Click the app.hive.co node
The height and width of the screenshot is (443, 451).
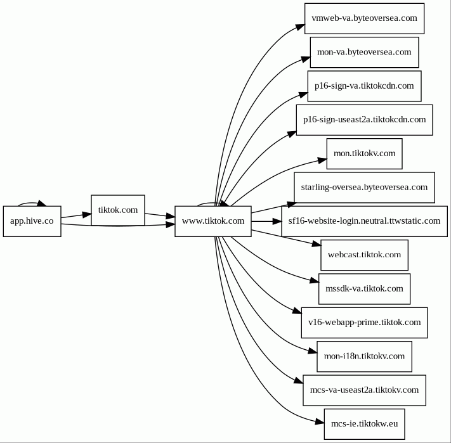point(32,221)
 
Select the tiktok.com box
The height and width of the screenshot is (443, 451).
point(118,210)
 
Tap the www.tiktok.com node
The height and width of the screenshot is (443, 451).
point(213,221)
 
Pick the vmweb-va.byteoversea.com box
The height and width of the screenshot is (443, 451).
point(365,18)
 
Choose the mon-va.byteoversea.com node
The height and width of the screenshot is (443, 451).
point(365,53)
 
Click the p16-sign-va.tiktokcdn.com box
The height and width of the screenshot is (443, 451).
point(365,86)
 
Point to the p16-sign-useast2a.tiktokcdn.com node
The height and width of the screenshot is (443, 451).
point(365,120)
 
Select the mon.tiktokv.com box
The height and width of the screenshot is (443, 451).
point(365,154)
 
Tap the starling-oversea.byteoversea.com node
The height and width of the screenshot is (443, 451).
point(365,188)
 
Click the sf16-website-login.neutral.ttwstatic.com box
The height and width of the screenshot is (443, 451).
point(365,221)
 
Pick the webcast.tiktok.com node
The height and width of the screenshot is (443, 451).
point(365,255)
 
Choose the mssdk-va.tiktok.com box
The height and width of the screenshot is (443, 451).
point(365,289)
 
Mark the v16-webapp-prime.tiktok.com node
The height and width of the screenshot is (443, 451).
point(365,323)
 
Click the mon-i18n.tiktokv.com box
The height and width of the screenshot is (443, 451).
point(365,357)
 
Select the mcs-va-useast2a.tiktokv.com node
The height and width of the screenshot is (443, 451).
point(365,390)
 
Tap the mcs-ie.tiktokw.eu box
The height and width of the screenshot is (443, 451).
point(365,424)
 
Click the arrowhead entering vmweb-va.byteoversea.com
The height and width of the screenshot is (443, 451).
point(300,27)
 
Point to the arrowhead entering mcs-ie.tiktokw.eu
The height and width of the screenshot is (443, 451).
point(320,421)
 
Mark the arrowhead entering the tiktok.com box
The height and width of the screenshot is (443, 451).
point(86,214)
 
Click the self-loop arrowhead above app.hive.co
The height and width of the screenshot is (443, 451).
point(42,203)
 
